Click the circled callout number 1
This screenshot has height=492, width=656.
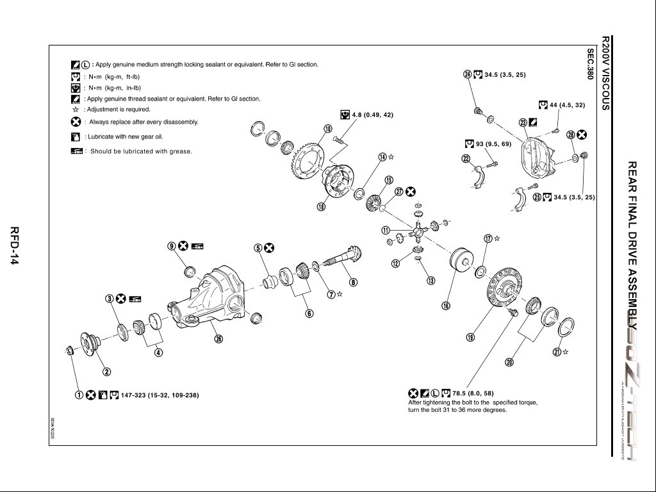78,395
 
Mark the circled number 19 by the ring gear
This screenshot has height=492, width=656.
470,337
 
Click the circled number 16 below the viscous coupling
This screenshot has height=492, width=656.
446,306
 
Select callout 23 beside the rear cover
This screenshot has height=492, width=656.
523,122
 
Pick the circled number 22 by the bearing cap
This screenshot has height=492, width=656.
466,158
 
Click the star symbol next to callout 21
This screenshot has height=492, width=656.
565,352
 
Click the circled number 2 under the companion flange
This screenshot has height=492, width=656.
108,371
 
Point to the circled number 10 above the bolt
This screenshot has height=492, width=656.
328,129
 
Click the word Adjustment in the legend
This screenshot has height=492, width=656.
101,110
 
